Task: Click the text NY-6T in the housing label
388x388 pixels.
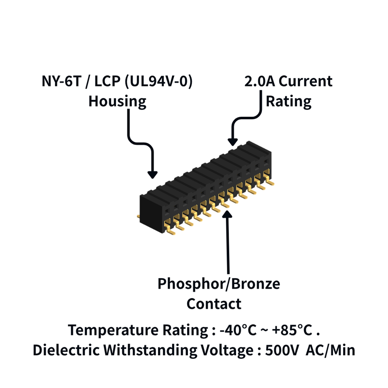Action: click(x=61, y=81)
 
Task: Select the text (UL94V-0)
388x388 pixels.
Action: click(x=158, y=81)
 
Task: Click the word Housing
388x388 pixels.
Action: click(x=117, y=102)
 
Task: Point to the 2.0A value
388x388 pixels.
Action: click(x=259, y=81)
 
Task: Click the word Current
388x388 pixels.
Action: click(x=306, y=81)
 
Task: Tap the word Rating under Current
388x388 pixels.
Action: click(x=289, y=102)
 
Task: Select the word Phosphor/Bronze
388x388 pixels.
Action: click(x=219, y=284)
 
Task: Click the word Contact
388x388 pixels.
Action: click(x=214, y=304)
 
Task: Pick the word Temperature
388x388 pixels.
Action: click(x=113, y=330)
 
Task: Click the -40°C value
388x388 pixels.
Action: click(x=238, y=330)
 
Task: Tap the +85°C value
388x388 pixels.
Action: click(x=292, y=330)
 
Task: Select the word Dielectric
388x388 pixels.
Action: click(x=66, y=350)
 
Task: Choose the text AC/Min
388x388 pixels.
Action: click(x=330, y=350)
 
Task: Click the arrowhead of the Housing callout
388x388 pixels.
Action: click(x=152, y=175)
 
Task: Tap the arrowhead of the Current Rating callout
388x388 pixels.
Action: click(x=233, y=142)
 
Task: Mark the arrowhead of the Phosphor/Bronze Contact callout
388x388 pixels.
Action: click(x=227, y=214)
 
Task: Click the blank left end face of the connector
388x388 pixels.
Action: click(x=151, y=214)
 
